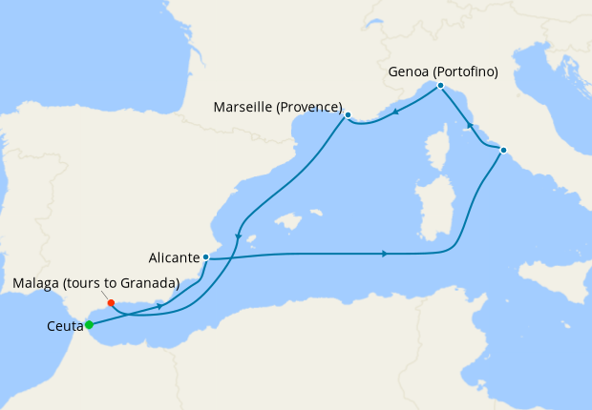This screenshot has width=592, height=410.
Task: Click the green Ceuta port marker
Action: coord(89,324)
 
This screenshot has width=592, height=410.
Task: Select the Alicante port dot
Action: coord(205,256)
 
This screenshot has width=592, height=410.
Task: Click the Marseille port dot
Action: coord(348,115)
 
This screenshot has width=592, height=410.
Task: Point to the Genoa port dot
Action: coord(440,86)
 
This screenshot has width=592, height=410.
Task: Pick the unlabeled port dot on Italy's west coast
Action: coord(503,149)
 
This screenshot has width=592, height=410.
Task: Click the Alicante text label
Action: coord(174,257)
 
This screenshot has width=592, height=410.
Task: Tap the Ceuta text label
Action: coord(63,326)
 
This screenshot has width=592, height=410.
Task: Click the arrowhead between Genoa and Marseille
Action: coord(395,111)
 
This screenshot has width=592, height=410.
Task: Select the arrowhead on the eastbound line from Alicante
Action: coord(384,253)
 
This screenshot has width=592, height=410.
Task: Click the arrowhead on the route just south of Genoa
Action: coord(468,125)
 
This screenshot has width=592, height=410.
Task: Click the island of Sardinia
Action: coord(440,210)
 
